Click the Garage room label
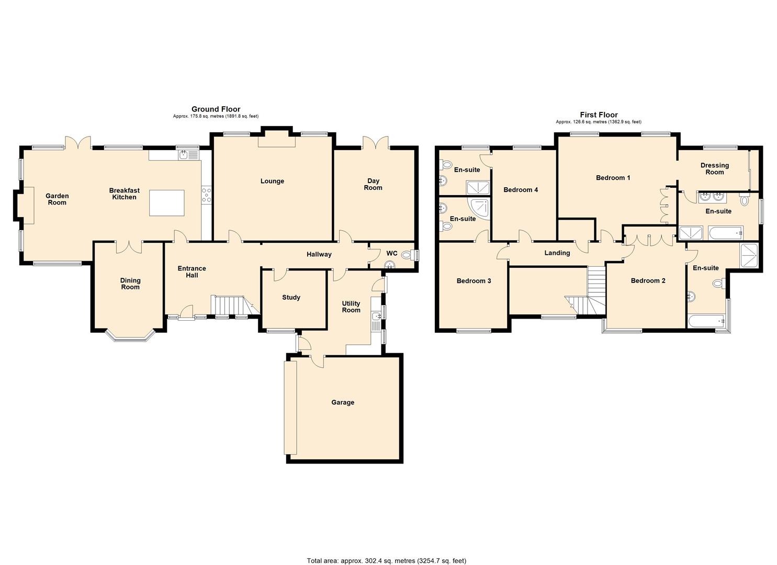pos(342,402)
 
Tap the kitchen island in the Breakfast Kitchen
pos(166,203)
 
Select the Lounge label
pos(272,181)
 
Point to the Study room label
pos(291,297)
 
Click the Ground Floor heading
pos(216,109)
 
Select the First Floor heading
pos(599,115)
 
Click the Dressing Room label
pos(714,168)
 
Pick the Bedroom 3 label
pos(474,281)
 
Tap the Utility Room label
pos(351,307)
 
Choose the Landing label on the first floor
pos(557,253)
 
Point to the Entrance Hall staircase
pos(229,306)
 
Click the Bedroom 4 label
pos(520,190)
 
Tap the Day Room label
pos(373,184)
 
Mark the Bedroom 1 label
pos(613,178)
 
